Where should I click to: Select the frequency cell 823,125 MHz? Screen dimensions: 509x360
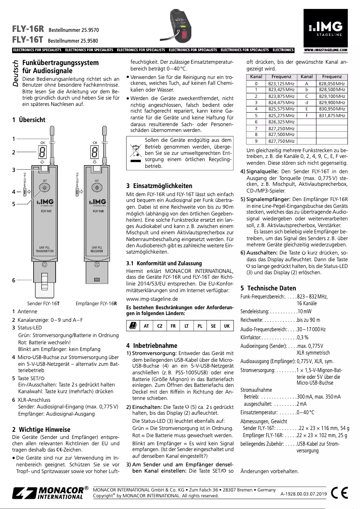[x=281, y=83]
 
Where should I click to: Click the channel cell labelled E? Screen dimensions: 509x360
[x=307, y=109]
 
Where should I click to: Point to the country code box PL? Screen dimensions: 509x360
[x=200, y=326]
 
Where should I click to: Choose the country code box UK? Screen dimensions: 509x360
[x=227, y=326]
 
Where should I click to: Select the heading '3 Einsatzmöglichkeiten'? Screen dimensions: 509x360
[x=159, y=186]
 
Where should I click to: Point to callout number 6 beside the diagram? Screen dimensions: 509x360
[x=14, y=280]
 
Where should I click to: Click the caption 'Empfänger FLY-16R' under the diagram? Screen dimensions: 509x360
[x=97, y=303]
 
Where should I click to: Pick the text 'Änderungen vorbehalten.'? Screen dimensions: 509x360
[x=269, y=471]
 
